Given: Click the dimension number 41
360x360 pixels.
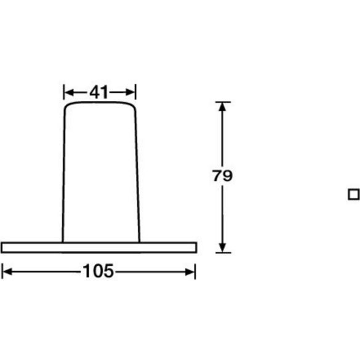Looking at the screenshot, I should click(99, 92).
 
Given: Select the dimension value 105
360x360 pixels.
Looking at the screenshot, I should click(99, 271).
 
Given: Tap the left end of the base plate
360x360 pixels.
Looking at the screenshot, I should click(3, 247).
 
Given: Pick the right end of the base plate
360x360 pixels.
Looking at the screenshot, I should click(196, 247).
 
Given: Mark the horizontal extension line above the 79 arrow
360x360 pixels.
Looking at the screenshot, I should click(223, 101).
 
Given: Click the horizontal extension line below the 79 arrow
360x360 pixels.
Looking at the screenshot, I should click(223, 253).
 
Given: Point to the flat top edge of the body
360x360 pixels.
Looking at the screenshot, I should click(100, 103).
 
